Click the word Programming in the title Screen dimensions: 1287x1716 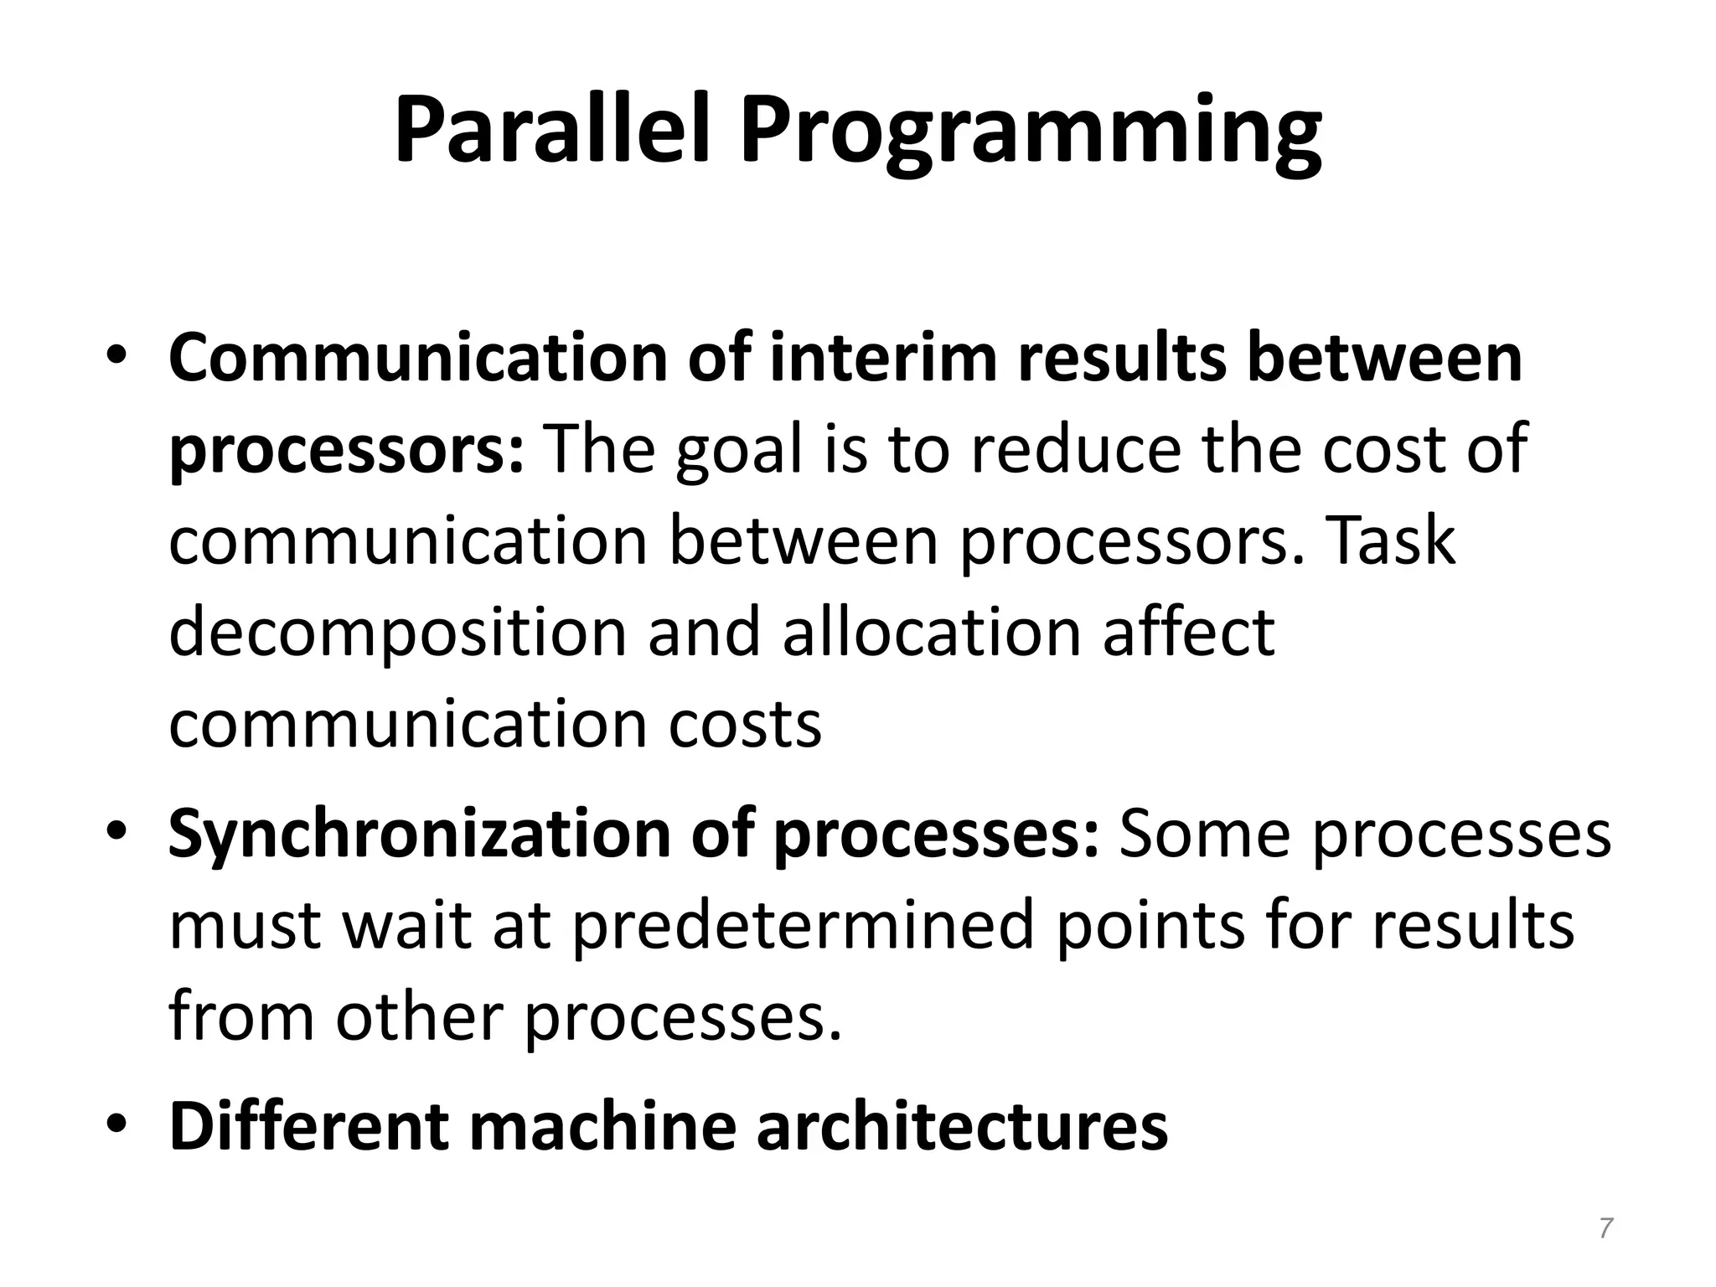point(1030,134)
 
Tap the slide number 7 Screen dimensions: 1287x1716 point(1605,1228)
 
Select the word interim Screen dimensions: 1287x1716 point(884,359)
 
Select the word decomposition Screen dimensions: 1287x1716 point(397,633)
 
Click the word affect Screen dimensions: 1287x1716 point(1188,632)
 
